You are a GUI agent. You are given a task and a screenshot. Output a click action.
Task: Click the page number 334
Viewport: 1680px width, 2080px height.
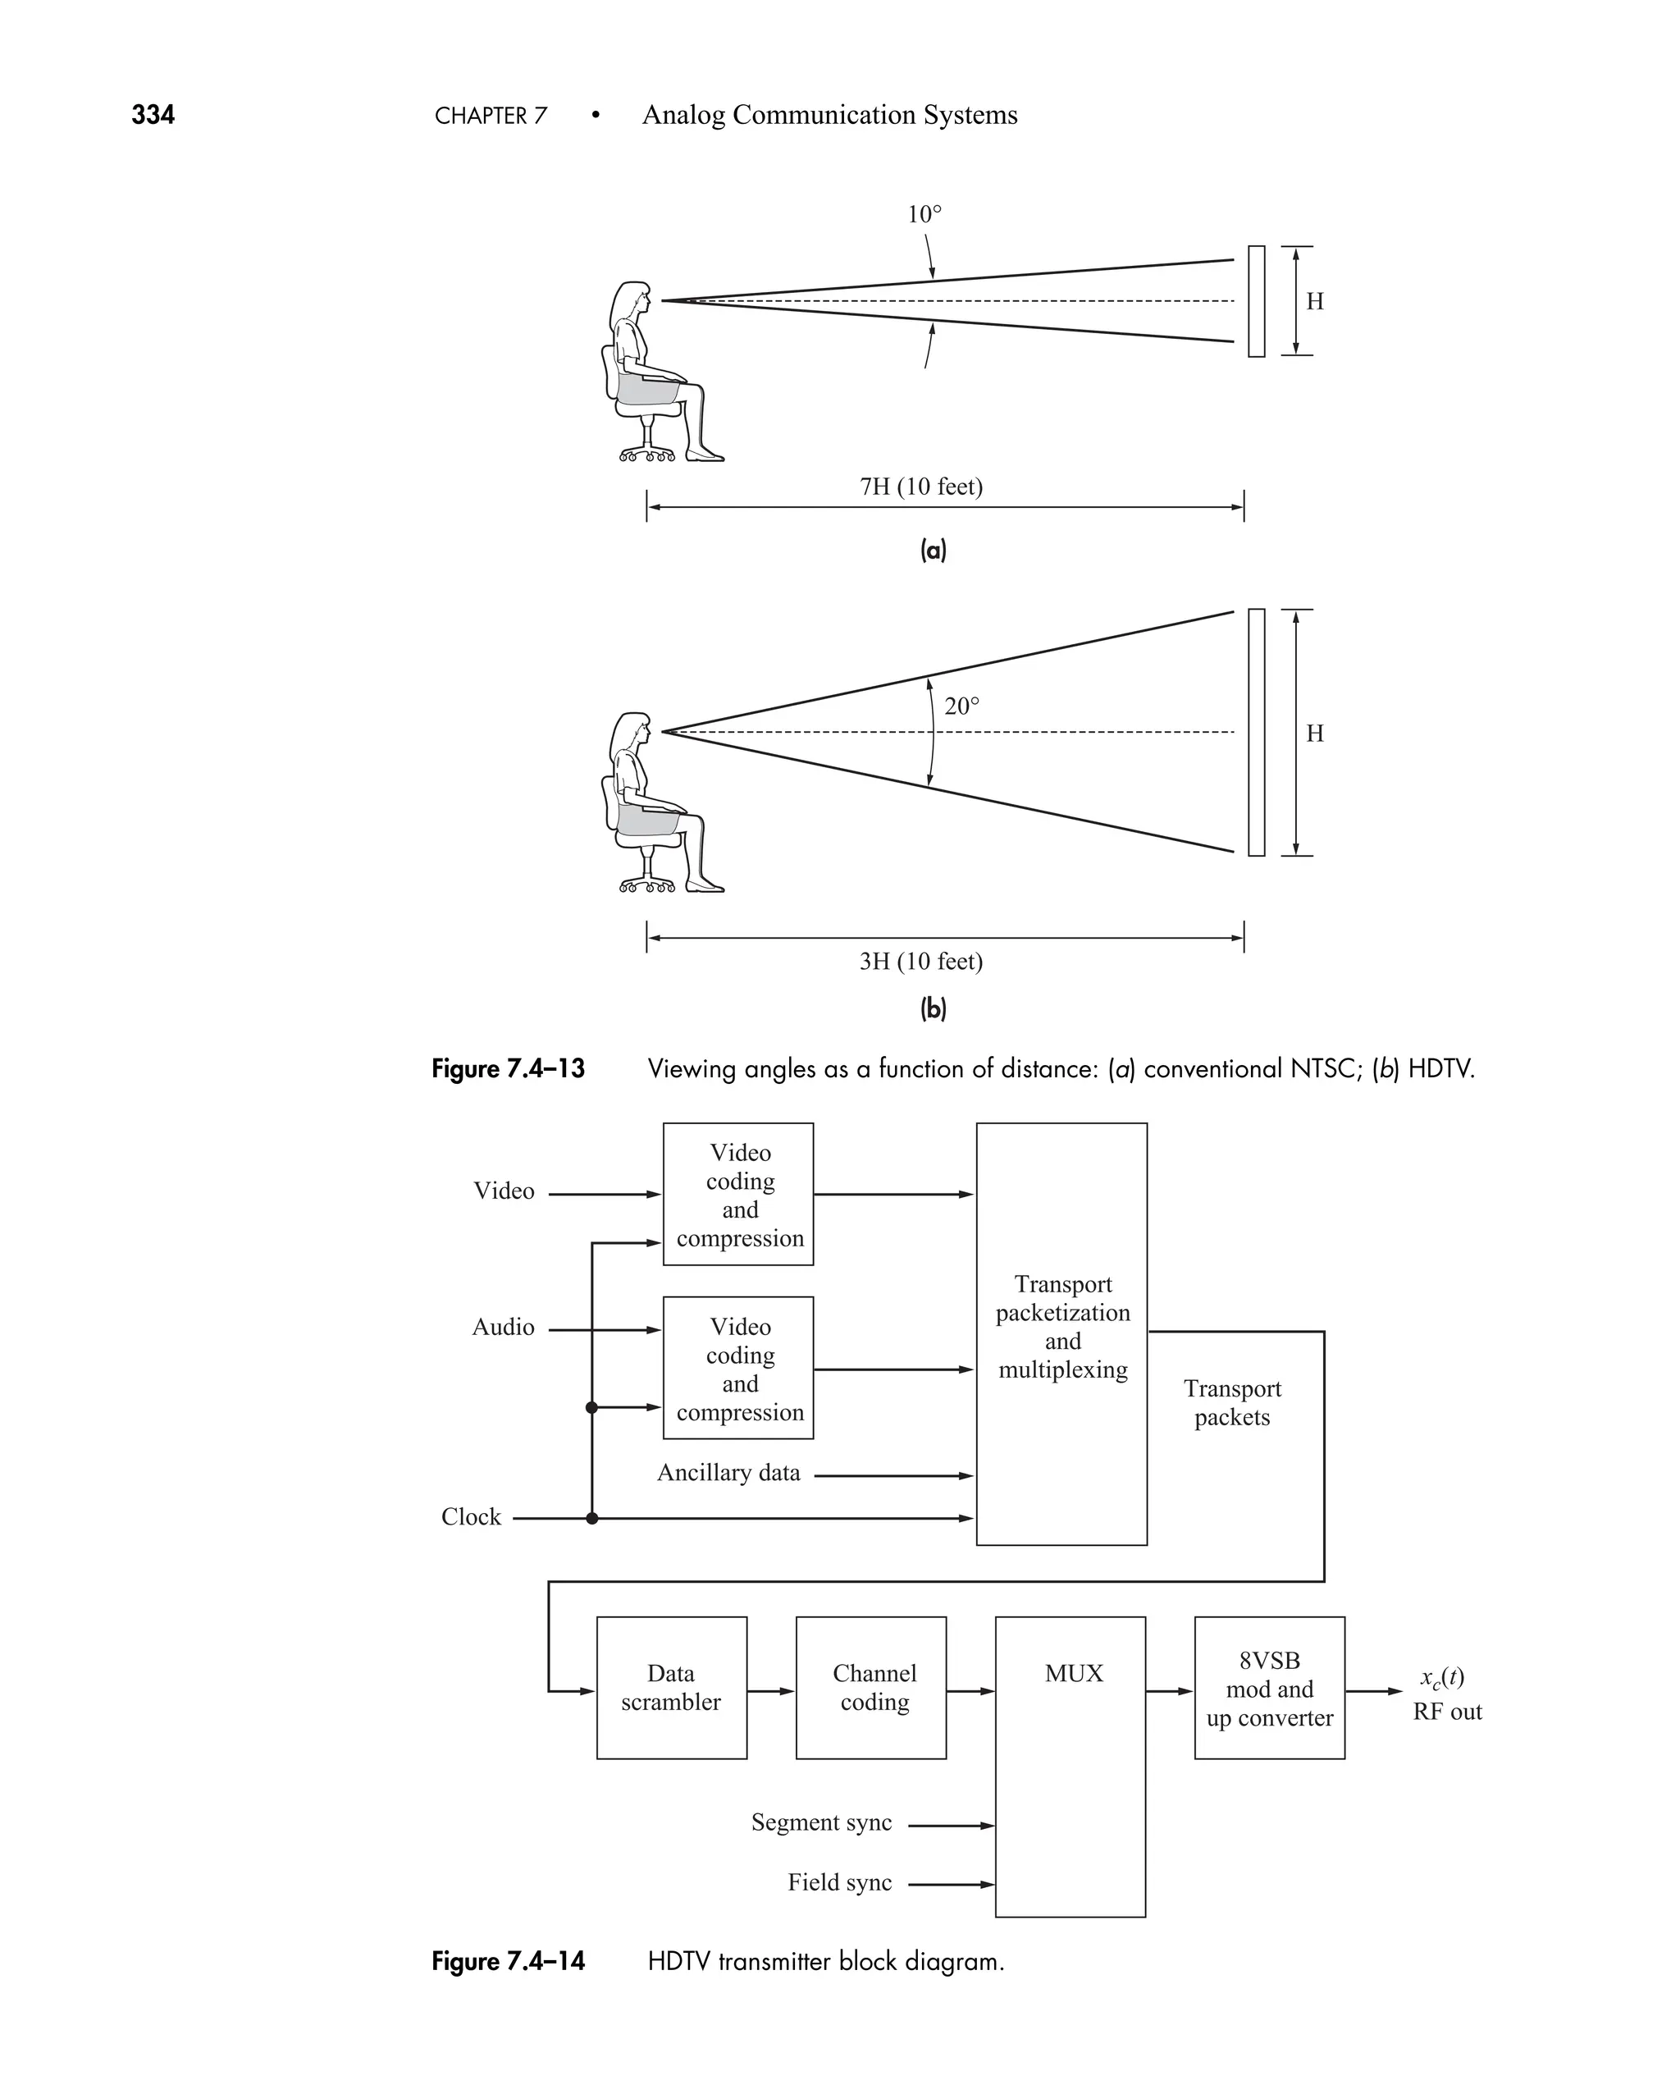[x=153, y=115]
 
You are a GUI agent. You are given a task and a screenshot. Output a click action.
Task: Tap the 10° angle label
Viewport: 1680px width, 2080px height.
[x=924, y=215]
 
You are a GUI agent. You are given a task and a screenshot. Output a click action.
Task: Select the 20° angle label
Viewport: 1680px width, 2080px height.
[x=962, y=706]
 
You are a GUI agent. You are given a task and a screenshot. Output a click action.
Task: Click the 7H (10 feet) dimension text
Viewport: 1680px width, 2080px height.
[x=921, y=487]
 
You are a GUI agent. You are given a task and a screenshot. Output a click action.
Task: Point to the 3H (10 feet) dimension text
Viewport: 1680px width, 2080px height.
[x=921, y=961]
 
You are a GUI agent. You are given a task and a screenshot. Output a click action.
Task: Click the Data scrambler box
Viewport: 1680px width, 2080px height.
[x=672, y=1688]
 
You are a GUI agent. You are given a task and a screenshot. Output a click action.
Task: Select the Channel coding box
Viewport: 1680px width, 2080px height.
[x=871, y=1688]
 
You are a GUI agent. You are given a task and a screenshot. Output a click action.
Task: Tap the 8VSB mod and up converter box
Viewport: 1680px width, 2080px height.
[x=1269, y=1688]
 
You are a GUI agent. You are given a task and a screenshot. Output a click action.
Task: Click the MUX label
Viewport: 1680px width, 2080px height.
[x=1073, y=1674]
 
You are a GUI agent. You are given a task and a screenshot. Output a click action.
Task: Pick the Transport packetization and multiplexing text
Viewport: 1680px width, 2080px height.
[x=1062, y=1327]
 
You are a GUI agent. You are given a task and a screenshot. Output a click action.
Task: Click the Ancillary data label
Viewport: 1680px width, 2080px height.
[x=728, y=1473]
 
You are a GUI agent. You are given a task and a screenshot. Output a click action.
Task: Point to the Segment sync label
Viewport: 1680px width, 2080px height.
[x=822, y=1822]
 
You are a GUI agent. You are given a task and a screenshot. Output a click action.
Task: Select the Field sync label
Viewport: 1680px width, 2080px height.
[x=839, y=1882]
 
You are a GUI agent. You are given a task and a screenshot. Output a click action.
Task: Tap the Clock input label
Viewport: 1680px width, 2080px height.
[x=472, y=1516]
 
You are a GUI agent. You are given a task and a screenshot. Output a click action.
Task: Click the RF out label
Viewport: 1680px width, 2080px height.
[x=1447, y=1712]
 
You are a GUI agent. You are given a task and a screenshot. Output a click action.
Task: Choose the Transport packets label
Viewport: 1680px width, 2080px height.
[x=1232, y=1402]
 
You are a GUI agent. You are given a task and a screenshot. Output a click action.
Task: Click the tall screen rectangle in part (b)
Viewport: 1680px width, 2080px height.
[x=1256, y=733]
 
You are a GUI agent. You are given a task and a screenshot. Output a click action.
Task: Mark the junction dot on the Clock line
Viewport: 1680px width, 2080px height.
[x=592, y=1519]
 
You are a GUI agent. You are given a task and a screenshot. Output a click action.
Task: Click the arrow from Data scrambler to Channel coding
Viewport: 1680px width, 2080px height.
[x=770, y=1692]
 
